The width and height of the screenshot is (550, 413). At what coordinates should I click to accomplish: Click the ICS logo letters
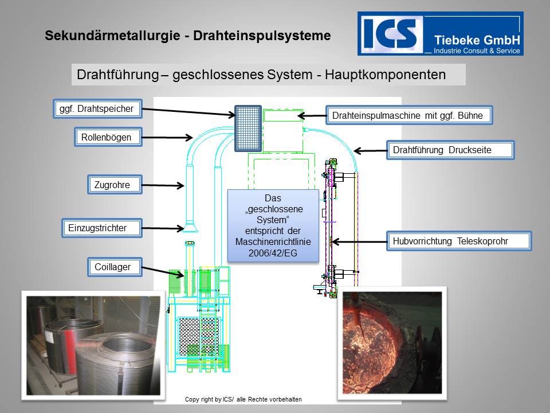pyautogui.click(x=390, y=33)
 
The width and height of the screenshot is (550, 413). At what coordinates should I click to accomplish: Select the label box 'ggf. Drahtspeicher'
pyautogui.click(x=97, y=108)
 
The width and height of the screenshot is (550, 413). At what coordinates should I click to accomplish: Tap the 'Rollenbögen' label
pyautogui.click(x=107, y=137)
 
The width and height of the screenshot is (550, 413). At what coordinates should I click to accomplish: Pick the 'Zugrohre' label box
pyautogui.click(x=115, y=185)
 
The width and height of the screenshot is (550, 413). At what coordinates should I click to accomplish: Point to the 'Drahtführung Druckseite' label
pyautogui.click(x=450, y=150)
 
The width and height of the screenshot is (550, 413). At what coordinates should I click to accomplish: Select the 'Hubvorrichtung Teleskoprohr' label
pyautogui.click(x=459, y=241)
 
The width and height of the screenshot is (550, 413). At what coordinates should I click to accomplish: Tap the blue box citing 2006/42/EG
pyautogui.click(x=273, y=225)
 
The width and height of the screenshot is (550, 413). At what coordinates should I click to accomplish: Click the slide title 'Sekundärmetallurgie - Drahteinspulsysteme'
pyautogui.click(x=188, y=36)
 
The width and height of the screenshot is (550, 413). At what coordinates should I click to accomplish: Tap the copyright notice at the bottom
pyautogui.click(x=243, y=399)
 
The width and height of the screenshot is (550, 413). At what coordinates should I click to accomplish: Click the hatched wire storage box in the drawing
pyautogui.click(x=247, y=128)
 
